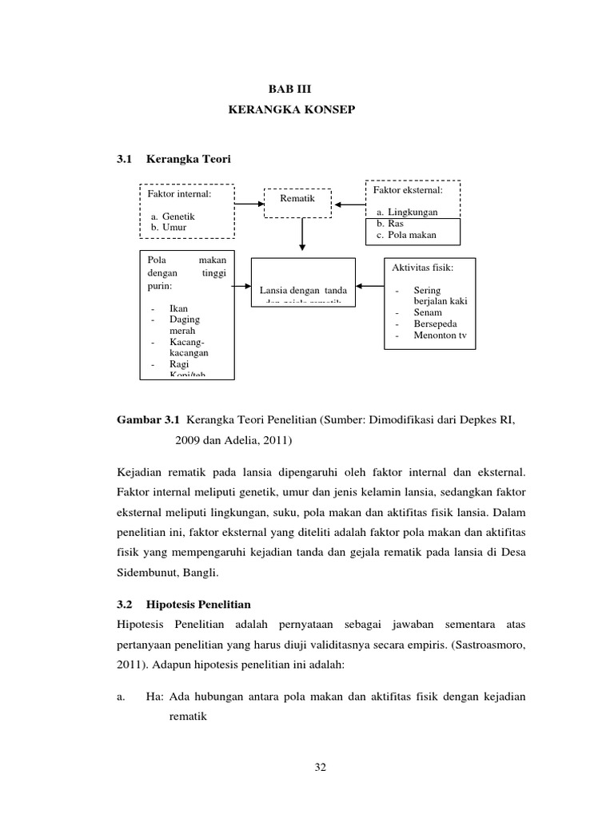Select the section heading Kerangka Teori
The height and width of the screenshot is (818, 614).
tap(188, 160)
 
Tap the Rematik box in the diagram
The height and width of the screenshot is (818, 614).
tap(297, 198)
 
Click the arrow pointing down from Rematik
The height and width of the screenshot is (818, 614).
tap(302, 236)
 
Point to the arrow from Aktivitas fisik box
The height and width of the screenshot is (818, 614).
tap(370, 285)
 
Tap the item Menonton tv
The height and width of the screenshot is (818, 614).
tap(440, 336)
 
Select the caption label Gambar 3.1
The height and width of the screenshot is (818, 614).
tap(150, 419)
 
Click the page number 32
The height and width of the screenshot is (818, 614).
tap(321, 768)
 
